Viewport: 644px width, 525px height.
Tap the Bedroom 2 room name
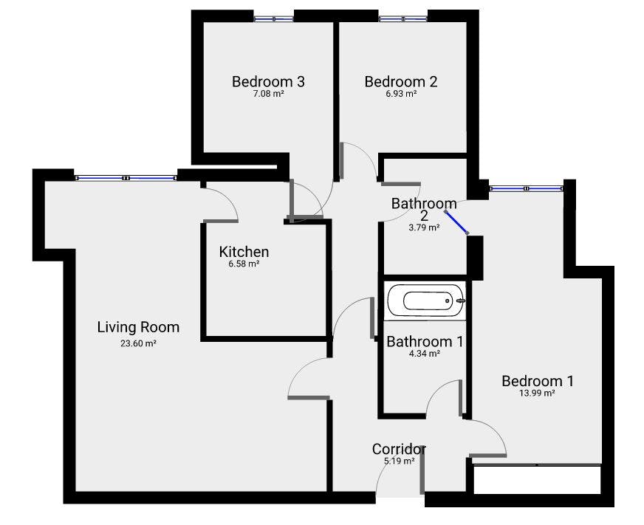[x=401, y=81]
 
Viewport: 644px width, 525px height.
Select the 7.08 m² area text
[x=268, y=94]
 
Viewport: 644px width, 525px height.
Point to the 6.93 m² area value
[x=401, y=94]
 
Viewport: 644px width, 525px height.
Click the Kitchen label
[x=244, y=252]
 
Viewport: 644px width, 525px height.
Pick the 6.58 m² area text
[x=244, y=264]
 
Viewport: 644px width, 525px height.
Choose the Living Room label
[x=138, y=327]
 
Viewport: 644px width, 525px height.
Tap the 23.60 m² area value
[x=138, y=343]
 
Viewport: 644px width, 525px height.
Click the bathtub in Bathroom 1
[x=425, y=301]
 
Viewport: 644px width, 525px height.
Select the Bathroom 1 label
[x=425, y=341]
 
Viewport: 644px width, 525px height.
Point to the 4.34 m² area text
[x=425, y=354]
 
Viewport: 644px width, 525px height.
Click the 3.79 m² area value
[x=424, y=228]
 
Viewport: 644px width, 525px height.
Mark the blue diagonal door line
[x=456, y=222]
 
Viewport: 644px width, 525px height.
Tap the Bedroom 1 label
[x=537, y=381]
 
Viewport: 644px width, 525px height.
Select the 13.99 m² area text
[x=537, y=394]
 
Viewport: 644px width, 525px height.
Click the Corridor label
[x=399, y=449]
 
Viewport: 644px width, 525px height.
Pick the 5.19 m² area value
[x=399, y=461]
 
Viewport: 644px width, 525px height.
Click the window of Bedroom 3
[x=273, y=18]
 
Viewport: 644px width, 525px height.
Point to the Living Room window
[x=126, y=178]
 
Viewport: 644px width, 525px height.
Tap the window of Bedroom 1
[x=525, y=189]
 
